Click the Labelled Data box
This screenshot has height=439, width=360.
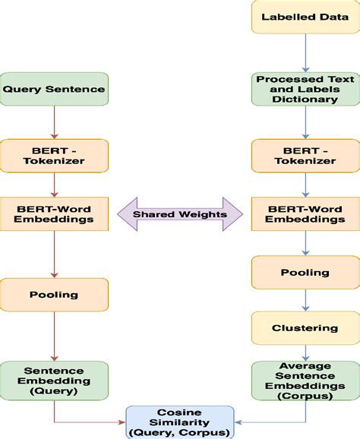[x=305, y=17]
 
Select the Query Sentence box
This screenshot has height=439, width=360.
[x=55, y=89]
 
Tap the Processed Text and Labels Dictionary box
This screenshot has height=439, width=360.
[x=305, y=89]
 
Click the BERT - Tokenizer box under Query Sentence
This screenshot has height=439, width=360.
[x=55, y=154]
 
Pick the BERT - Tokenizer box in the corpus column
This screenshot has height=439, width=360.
[x=305, y=154]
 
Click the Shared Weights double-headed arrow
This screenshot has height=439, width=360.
[x=179, y=213]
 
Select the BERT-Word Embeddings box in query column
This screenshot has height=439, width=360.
[x=55, y=213]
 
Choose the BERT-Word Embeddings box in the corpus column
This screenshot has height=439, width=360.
[x=305, y=213]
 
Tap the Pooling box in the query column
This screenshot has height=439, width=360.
[x=55, y=294]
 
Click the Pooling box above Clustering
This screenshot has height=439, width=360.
[x=305, y=272]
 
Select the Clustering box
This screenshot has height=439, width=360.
[x=305, y=328]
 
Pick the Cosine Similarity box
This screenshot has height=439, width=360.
[x=180, y=421]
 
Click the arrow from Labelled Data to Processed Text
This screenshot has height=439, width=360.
[x=305, y=52]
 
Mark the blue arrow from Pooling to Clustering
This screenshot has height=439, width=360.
[x=305, y=300]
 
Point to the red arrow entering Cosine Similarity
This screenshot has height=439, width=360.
[x=91, y=421]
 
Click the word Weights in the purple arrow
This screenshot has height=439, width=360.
[x=204, y=213]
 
